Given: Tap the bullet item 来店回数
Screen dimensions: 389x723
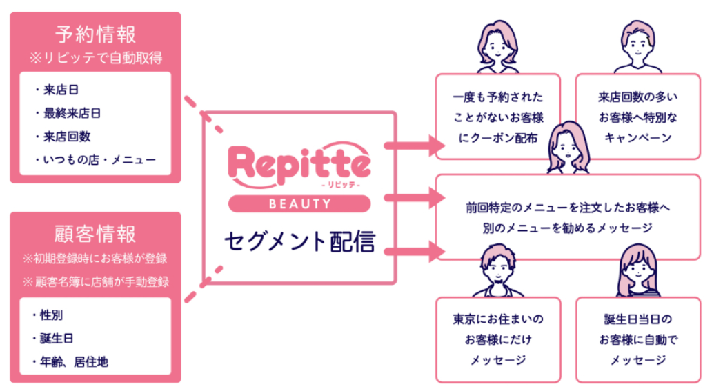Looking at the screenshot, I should click(x=65, y=136).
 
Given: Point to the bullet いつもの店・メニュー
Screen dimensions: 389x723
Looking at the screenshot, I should click(x=94, y=159).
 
